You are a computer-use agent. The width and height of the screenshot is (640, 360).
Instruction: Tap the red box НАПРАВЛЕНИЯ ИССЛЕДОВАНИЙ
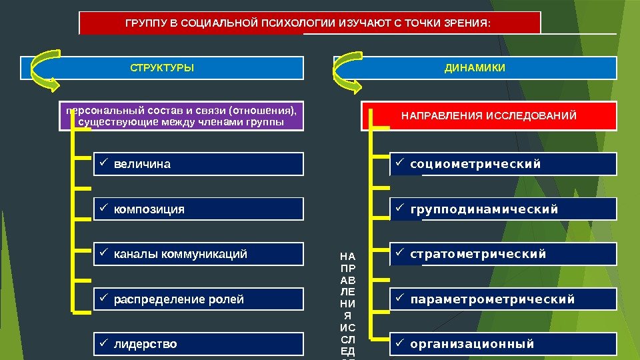point(489,117)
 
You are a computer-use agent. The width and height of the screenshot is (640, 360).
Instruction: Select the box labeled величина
point(197,164)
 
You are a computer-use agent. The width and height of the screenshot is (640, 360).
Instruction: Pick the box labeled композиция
point(197,209)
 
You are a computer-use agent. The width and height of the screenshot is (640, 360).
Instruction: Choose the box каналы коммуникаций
point(197,254)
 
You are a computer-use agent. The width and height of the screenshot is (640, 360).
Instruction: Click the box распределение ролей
point(197,299)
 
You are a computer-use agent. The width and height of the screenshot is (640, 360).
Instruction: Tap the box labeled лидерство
point(197,345)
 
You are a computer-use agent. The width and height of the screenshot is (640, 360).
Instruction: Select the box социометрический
point(503,164)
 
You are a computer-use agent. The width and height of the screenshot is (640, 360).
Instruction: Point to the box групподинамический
point(503,209)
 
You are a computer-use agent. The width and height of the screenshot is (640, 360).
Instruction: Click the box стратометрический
point(503,254)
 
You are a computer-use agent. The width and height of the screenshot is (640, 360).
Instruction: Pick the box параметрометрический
point(503,299)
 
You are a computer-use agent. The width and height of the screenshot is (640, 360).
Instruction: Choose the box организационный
point(503,345)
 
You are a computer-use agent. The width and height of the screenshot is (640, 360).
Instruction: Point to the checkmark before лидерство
point(103,344)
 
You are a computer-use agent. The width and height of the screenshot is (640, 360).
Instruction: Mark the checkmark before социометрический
point(399,163)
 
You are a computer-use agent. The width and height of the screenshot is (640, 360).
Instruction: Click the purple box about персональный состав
point(180,116)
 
